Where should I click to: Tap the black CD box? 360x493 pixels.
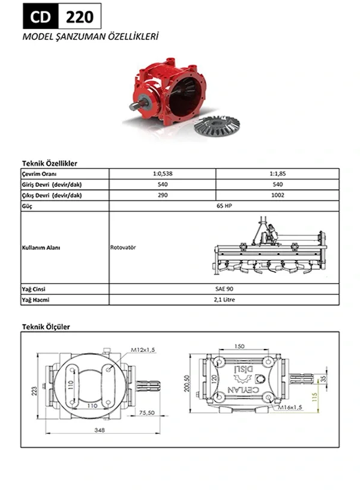41,16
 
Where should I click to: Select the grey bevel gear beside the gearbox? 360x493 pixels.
217,126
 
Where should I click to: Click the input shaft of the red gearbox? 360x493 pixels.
137,106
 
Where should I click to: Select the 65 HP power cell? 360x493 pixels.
224,206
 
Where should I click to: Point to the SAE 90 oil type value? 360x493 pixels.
224,289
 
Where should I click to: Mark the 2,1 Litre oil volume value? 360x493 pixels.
224,299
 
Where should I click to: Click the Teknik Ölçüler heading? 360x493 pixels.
46,327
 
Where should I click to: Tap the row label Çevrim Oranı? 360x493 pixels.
39,174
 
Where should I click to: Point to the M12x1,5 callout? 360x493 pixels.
143,349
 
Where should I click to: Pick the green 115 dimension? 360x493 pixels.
314,397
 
